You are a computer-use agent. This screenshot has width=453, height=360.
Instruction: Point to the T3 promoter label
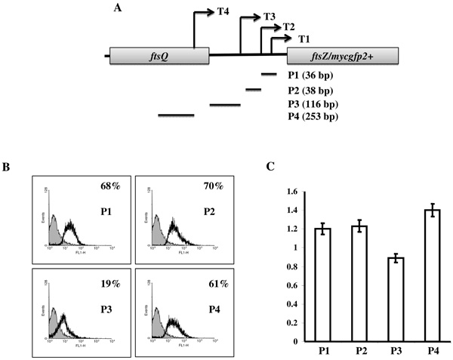tap(270, 17)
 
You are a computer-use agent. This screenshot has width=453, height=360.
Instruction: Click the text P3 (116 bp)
tap(313, 103)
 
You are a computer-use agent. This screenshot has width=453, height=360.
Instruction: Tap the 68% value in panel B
tap(110, 185)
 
